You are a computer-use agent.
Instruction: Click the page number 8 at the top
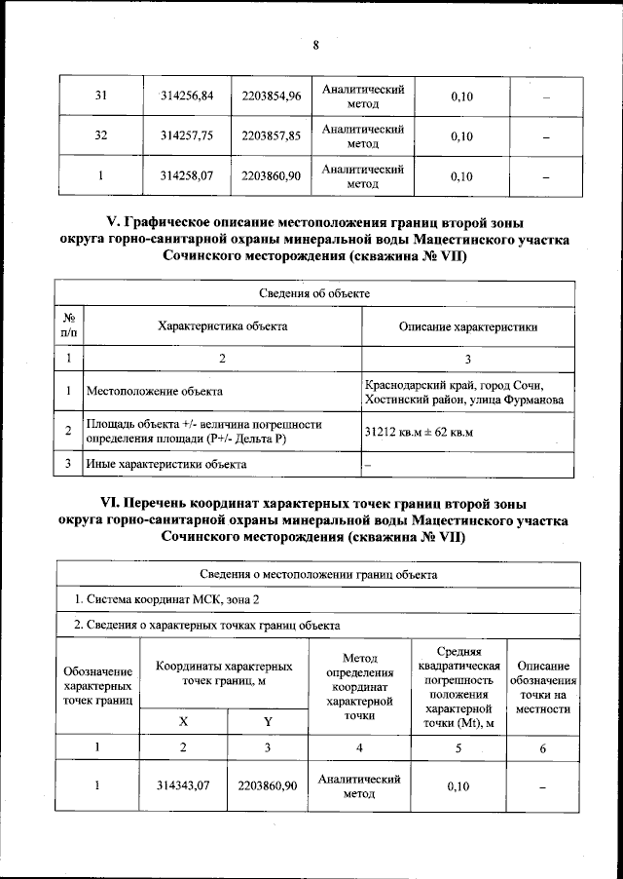[315, 44]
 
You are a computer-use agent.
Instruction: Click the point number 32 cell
[99, 136]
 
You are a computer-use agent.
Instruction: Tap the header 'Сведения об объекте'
[314, 293]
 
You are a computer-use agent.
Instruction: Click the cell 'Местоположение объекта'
[155, 392]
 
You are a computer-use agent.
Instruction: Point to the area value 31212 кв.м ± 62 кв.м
[418, 432]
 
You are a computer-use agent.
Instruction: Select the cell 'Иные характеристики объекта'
[166, 465]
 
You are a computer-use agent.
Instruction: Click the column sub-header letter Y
[268, 720]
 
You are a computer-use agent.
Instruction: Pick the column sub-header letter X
[183, 720]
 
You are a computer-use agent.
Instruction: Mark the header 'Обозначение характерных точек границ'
[97, 685]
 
